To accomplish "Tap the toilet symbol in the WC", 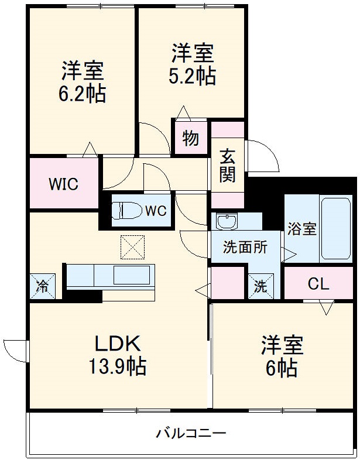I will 126,211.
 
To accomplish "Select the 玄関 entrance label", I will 227,165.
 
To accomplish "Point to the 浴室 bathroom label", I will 301,229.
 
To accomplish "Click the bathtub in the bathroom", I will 335,229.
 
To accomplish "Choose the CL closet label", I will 319,284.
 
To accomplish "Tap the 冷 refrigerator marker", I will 42,286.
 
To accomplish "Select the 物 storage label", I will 190,139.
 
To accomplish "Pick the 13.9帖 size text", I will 118,367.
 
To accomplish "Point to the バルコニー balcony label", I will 191,434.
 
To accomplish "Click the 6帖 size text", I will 282,369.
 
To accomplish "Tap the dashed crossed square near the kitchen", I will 132,247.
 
